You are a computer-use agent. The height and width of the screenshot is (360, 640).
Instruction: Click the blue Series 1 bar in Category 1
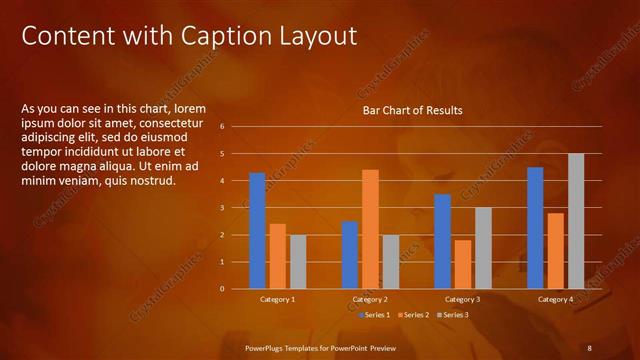coord(257,230)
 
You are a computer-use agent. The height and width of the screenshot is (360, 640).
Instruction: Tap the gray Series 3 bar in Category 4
coord(576,221)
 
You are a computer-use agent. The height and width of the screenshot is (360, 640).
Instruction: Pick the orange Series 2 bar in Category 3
coord(462,264)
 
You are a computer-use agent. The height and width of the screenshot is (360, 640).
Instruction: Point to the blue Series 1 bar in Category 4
coord(535,227)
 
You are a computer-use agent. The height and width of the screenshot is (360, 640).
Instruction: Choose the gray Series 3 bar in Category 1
coord(298,261)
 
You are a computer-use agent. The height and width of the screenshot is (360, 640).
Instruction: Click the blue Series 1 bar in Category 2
coord(350,254)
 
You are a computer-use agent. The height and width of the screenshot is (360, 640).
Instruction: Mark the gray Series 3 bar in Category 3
coord(483,247)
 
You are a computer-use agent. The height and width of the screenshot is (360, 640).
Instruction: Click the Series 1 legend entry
coord(375,315)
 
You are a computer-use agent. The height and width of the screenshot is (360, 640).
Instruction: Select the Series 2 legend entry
coord(414,315)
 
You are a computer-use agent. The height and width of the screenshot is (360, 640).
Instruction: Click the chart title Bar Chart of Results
coord(412,110)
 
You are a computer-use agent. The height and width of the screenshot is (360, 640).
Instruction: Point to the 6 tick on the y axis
coord(236,127)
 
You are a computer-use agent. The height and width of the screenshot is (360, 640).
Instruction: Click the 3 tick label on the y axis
coord(236,208)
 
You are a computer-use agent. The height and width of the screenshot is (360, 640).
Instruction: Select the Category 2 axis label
coord(370,299)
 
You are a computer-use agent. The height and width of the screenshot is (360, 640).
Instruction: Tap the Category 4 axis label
coord(555,299)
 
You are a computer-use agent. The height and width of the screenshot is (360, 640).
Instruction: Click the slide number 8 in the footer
coord(589,347)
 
